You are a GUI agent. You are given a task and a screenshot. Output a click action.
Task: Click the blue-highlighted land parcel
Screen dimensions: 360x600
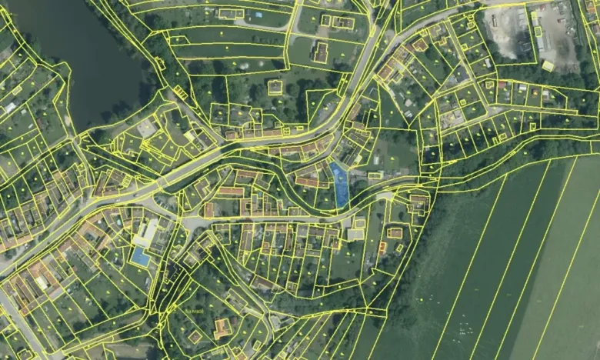click(339, 185)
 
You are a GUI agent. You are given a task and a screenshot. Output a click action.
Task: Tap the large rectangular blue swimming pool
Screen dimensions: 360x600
click(140, 257)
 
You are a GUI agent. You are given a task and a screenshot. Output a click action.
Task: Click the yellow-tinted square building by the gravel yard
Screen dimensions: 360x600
click(548, 66)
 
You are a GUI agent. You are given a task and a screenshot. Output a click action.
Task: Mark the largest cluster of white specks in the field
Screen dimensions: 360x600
click(465, 331)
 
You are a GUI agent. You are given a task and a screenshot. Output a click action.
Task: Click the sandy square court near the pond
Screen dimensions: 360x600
click(147, 127)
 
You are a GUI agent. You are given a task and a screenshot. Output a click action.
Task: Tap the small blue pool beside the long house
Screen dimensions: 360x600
click(258, 15)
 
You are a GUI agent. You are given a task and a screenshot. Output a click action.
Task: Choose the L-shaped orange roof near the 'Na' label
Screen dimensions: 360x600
click(223, 328)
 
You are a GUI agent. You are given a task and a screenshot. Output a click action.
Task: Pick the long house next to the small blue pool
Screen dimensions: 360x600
click(231, 13)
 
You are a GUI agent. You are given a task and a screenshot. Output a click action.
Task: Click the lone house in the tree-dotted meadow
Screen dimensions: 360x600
click(275, 87)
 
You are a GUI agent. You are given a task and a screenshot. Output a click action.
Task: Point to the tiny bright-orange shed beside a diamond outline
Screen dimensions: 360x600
click(382, 247)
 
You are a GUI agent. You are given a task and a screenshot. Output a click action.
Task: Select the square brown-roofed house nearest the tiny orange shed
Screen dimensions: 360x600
click(395, 232)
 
